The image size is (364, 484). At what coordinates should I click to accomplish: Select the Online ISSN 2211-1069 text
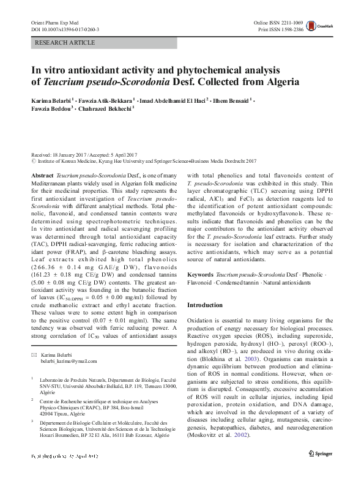tap(282, 22)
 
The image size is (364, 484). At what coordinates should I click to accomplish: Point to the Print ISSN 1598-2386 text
tap(285, 29)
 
